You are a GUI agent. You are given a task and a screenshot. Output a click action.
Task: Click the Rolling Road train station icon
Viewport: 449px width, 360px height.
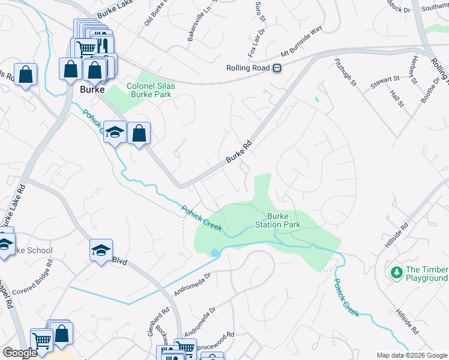click(277, 68)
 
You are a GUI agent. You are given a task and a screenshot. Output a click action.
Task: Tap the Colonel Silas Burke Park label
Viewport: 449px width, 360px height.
click(151, 90)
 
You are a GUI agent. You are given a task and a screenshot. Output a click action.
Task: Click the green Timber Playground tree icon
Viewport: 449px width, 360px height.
click(396, 273)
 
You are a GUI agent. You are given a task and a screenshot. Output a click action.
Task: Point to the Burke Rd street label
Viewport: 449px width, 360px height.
click(238, 152)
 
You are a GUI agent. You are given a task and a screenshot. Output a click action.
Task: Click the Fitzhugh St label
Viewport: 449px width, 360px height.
click(348, 71)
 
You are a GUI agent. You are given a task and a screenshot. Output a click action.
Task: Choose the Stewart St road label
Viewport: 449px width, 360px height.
click(385, 79)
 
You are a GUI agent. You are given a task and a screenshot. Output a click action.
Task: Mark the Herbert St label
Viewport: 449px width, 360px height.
click(412, 71)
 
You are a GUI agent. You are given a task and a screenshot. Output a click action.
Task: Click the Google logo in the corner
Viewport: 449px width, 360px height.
click(20, 353)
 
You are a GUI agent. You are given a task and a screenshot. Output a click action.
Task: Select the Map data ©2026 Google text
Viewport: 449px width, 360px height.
click(411, 355)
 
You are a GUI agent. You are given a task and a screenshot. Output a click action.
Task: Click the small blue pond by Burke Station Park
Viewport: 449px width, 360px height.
click(214, 253)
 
